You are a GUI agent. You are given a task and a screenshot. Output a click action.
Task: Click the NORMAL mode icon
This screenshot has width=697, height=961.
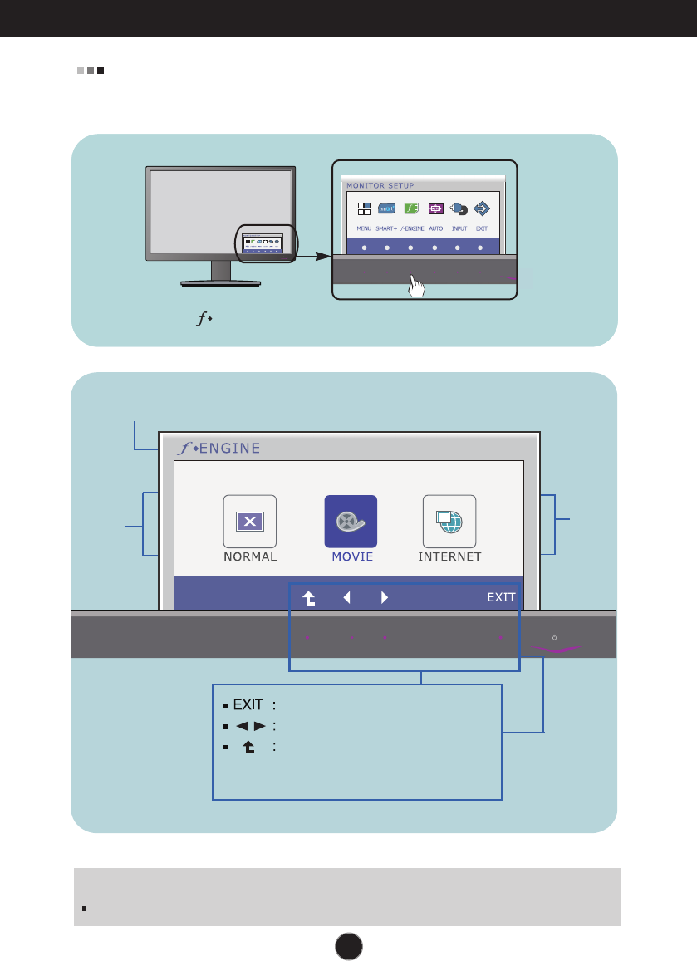click(x=249, y=522)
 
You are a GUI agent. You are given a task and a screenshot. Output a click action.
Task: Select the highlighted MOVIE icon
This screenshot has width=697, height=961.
click(x=351, y=522)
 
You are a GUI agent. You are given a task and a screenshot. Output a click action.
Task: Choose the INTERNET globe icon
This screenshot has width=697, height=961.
click(x=449, y=522)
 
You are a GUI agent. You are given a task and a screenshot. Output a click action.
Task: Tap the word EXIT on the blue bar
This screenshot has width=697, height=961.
click(x=501, y=596)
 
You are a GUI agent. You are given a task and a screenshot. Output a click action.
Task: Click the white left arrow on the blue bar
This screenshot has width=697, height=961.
click(x=347, y=596)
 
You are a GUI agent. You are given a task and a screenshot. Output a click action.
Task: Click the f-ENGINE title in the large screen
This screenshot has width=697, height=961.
click(x=218, y=449)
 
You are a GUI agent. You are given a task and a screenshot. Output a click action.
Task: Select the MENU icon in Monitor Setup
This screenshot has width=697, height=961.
click(x=364, y=209)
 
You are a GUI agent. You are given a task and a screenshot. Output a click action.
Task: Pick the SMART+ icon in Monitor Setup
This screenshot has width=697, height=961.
click(x=387, y=209)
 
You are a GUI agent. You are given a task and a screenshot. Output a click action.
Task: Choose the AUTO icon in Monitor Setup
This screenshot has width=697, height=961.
click(x=435, y=209)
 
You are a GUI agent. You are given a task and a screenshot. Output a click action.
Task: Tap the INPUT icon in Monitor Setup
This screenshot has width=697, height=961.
click(x=459, y=209)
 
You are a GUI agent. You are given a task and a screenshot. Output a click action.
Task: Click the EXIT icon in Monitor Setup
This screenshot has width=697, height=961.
click(x=481, y=209)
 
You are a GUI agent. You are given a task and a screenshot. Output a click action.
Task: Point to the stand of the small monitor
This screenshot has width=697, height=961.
click(x=220, y=273)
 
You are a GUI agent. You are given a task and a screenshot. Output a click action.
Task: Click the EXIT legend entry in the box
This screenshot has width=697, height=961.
click(x=248, y=705)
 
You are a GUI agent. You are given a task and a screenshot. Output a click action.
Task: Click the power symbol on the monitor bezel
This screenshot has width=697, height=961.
click(x=554, y=638)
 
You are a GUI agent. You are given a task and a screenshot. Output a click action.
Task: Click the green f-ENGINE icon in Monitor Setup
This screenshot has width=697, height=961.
click(x=411, y=209)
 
